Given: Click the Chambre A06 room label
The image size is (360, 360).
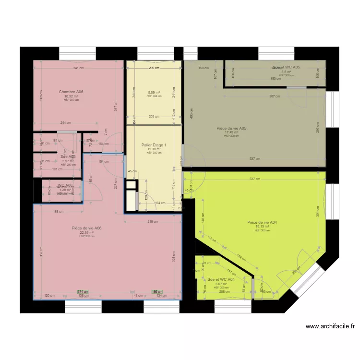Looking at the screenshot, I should coord(71,92).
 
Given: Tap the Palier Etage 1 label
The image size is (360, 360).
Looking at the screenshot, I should coord(154,145).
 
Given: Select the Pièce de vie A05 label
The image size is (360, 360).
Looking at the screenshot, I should coord(231,128).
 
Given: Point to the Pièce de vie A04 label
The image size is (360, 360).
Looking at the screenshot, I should coord(262,222).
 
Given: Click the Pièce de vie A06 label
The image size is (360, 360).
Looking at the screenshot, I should coord(86,228).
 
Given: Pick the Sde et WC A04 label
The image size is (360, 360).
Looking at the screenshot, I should coord(221,279).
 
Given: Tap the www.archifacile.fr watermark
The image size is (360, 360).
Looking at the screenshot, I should coord(331,326).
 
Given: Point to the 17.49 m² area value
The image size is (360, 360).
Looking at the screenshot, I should coord(231,132).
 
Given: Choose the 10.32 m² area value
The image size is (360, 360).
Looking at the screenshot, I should coord(71,96).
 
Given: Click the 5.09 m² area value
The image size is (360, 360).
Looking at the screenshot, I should coord(154,92).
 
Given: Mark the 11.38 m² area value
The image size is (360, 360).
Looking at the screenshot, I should coord(154,149).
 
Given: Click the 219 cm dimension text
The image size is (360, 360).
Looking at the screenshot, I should coord(153,222).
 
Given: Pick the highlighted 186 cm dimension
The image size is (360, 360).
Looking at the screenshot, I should coord(157,291).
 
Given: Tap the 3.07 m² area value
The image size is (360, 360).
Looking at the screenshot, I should coord(221,284).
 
